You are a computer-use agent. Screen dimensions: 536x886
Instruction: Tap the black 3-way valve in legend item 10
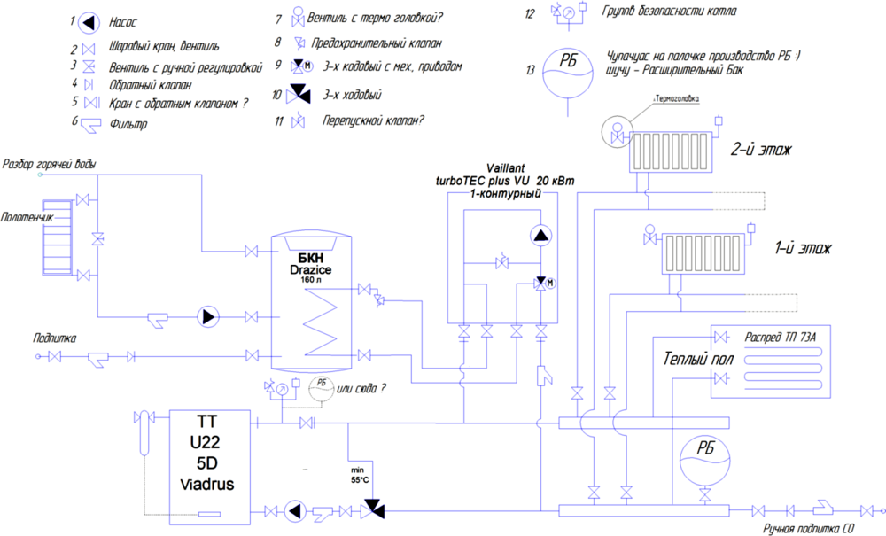click(x=303, y=92)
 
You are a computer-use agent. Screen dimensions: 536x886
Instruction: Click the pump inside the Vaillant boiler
click(x=540, y=236)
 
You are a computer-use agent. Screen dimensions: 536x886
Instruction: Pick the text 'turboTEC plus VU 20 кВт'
click(x=505, y=180)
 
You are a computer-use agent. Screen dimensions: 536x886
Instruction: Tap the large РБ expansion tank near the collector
click(x=705, y=462)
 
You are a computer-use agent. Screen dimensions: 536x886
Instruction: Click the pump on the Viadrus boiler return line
click(x=293, y=510)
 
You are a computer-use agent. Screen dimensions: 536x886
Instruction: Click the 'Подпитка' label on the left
click(x=55, y=338)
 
